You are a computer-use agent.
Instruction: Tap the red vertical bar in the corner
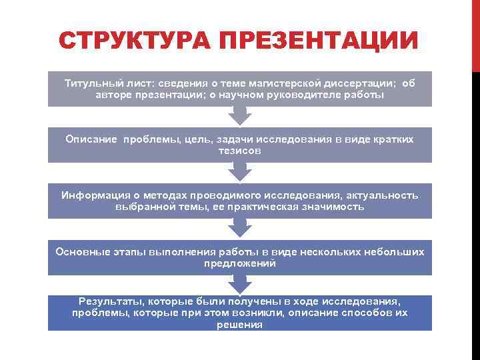[475, 33]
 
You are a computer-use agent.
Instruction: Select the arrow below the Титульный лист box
[240, 115]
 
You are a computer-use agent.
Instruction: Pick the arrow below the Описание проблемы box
[240, 172]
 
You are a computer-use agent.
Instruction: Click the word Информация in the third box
[93, 195]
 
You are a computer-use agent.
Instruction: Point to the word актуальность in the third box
[379, 195]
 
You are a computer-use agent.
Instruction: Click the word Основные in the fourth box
[80, 252]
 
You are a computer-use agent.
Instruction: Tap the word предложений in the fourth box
[240, 263]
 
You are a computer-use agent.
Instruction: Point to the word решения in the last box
[240, 325]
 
